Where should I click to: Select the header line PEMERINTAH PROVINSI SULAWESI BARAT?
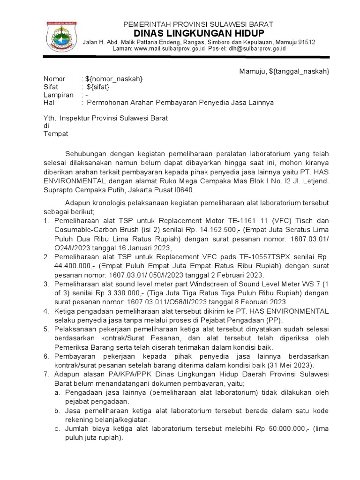coord(198,24)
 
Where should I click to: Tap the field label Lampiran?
coord(58,95)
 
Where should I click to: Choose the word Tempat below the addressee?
coord(56,134)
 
